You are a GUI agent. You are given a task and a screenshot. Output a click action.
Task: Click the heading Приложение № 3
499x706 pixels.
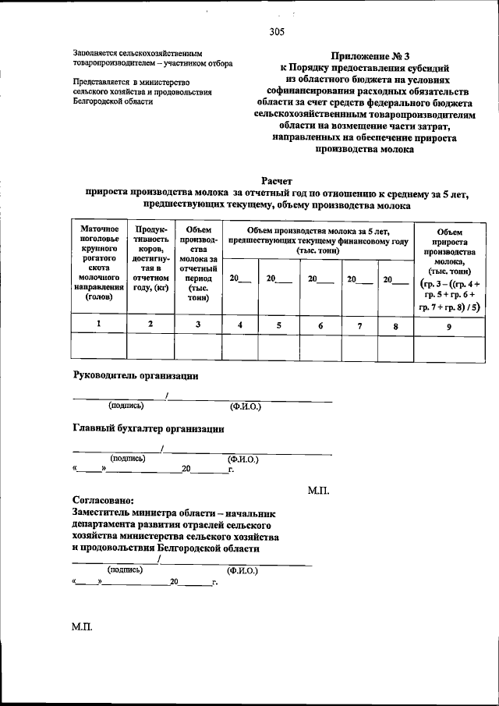365,55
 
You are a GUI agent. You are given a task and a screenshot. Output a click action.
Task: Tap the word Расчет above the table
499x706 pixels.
275,180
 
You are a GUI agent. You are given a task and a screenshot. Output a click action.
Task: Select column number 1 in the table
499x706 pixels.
98,323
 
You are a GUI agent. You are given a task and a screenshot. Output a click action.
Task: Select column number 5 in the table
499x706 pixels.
277,324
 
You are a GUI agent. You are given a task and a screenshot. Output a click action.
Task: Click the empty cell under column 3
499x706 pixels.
198,346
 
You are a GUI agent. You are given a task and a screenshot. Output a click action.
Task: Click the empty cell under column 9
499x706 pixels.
448,346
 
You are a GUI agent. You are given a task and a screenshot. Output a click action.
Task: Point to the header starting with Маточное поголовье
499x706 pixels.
98,262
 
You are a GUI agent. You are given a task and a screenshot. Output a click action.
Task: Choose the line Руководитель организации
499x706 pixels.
136,375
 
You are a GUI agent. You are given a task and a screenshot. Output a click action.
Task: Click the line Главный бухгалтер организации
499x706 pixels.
149,428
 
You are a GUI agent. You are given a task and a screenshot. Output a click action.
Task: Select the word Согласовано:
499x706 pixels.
103,500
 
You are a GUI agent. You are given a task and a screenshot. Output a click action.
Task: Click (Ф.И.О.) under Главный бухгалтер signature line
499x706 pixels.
242,459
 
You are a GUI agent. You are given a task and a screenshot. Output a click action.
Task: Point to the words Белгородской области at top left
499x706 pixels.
107,101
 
